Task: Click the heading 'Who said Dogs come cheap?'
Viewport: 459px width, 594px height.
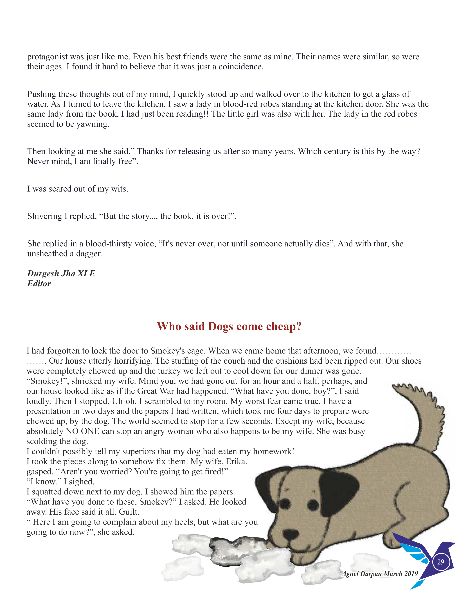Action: tap(229, 326)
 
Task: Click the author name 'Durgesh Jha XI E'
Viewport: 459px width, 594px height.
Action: tap(61, 273)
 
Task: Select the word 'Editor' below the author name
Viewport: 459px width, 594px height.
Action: tap(39, 284)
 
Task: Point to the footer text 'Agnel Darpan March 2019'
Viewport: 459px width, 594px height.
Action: tap(380, 574)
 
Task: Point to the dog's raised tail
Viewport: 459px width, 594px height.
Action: tap(424, 413)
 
